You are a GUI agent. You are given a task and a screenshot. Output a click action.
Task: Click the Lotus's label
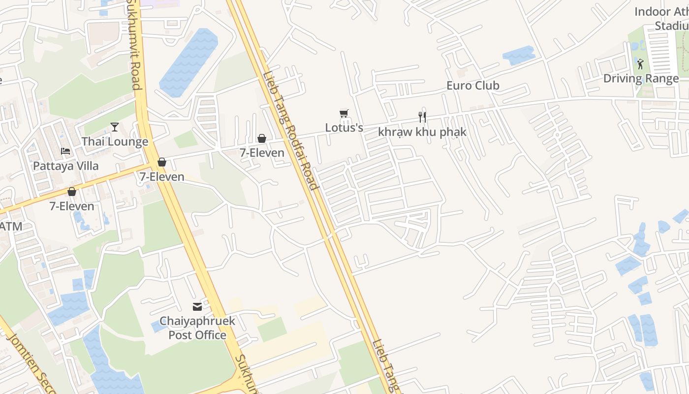pos(344,128)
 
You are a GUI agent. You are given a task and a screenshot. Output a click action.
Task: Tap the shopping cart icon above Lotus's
pos(344,114)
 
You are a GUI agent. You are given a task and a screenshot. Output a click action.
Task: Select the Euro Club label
pos(472,86)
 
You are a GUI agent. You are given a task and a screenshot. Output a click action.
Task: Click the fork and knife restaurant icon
pos(422,117)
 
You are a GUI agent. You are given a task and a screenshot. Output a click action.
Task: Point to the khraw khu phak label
pos(422,132)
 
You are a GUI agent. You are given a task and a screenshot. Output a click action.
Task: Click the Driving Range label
pos(641,79)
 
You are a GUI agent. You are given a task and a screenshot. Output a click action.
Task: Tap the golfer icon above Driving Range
pos(640,64)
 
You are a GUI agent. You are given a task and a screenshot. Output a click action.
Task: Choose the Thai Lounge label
pos(115,142)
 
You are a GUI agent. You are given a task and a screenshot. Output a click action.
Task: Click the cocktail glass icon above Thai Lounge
pos(115,127)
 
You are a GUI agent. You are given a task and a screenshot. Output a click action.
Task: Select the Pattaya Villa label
pos(65,166)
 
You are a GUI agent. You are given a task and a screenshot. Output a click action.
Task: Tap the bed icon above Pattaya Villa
pos(65,151)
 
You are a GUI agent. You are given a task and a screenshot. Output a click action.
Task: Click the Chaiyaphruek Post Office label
pos(197,328)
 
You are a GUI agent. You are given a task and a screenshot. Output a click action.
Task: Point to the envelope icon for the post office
pos(197,307)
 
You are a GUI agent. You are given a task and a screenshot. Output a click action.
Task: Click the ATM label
pos(11,227)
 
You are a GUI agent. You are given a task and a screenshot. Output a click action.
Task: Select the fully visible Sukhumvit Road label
pos(134,44)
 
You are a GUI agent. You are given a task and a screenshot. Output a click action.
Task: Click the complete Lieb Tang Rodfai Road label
pos(290,131)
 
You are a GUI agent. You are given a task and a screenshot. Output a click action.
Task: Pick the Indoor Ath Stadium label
pos(662,19)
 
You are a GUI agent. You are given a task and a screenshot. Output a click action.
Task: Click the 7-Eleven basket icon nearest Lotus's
pos(262,138)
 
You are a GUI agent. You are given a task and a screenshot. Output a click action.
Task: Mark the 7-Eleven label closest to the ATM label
pos(72,206)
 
